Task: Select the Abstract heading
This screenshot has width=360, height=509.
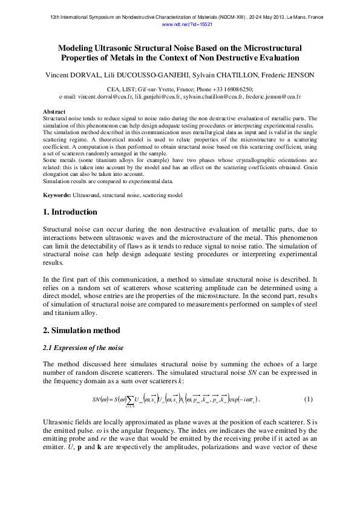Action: pyautogui.click(x=54, y=112)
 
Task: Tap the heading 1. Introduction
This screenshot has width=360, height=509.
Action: pyautogui.click(x=70, y=212)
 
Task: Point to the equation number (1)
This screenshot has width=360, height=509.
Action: pyautogui.click(x=308, y=400)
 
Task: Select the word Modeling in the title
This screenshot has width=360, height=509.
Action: pyautogui.click(x=77, y=47)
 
